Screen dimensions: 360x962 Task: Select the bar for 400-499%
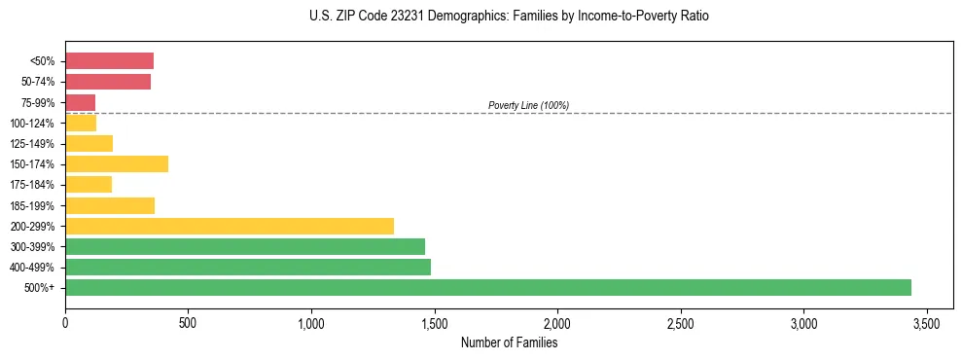click(x=248, y=267)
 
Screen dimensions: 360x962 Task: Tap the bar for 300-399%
click(x=245, y=246)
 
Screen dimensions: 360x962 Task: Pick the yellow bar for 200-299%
click(x=230, y=226)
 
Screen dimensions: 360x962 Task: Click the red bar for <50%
click(x=109, y=61)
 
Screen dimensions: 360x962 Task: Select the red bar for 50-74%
click(x=108, y=82)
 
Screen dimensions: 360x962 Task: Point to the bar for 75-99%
click(x=80, y=102)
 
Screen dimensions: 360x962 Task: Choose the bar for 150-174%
click(x=117, y=163)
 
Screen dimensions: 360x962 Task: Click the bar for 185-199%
click(x=110, y=205)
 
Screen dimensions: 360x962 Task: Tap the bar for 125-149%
click(x=89, y=143)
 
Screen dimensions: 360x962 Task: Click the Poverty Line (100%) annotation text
click(x=528, y=105)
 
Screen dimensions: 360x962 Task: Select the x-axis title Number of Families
click(x=509, y=342)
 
